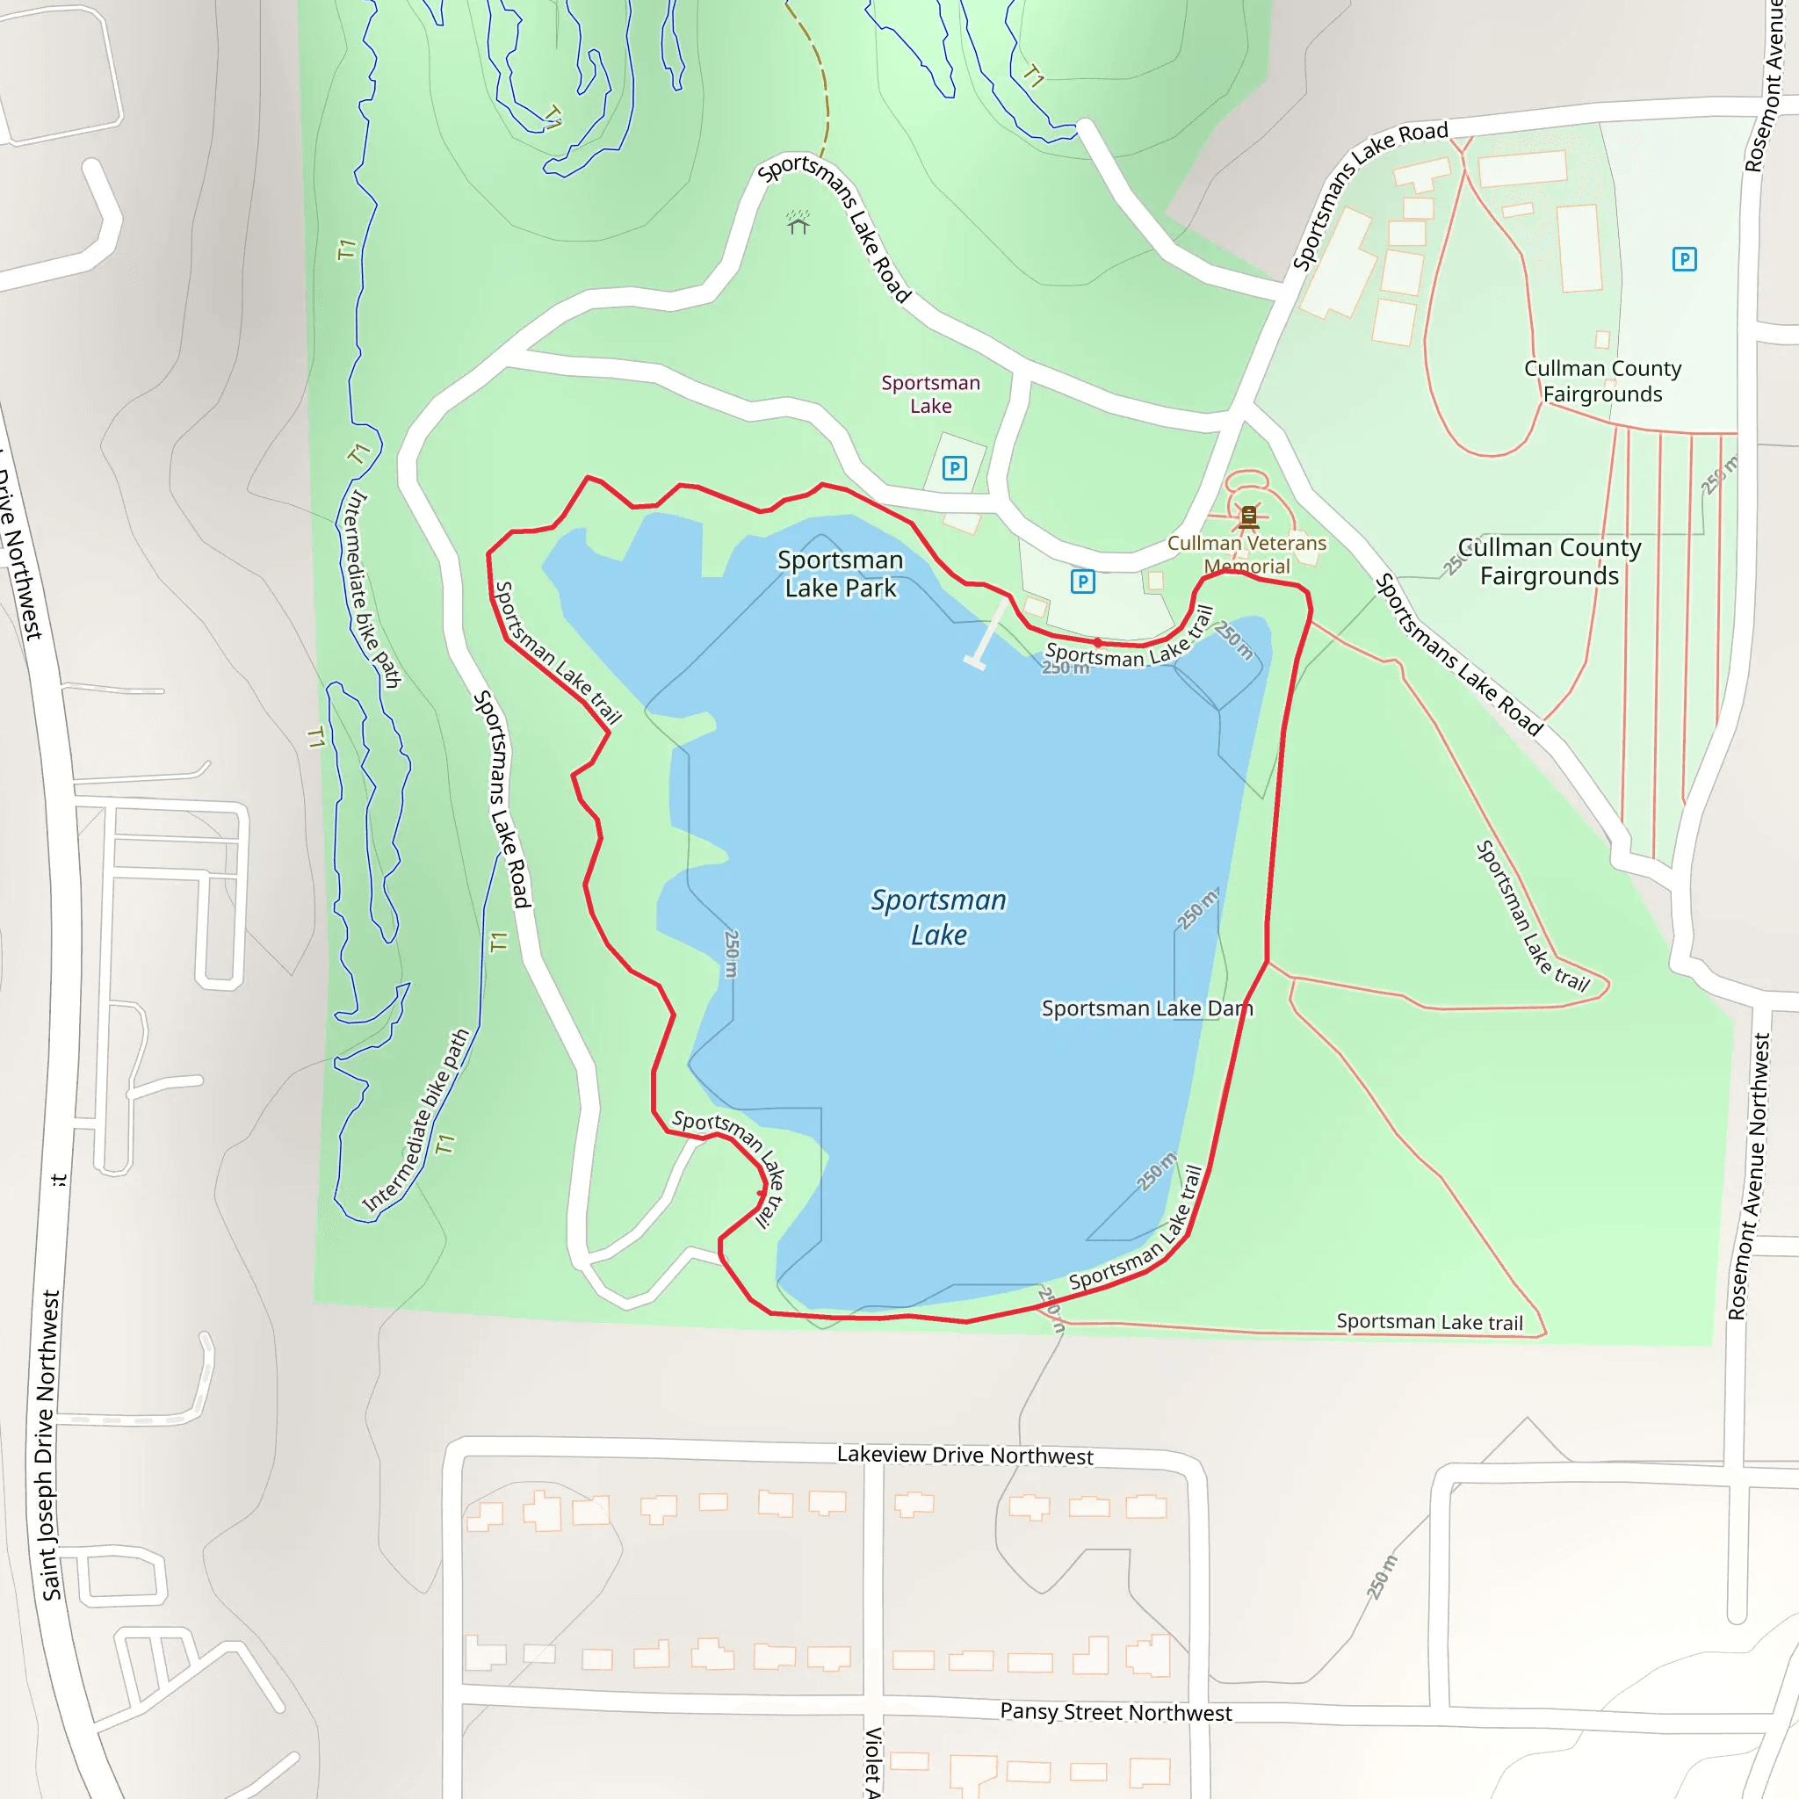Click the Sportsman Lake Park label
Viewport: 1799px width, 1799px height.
point(840,574)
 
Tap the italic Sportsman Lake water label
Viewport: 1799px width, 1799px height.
point(939,917)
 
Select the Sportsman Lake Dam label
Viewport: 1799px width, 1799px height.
point(1146,1008)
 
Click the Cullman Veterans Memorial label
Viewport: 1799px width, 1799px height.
point(1246,554)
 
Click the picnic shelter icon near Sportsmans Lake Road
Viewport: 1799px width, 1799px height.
point(798,222)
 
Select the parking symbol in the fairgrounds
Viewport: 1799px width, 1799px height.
point(1684,259)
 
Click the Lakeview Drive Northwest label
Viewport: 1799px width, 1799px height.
point(965,1456)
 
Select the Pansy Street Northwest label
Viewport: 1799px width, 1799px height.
point(1116,1711)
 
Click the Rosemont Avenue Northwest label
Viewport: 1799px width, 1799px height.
point(1749,1177)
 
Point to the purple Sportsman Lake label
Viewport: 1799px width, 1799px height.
point(930,394)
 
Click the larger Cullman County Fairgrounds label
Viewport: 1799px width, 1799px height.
point(1550,561)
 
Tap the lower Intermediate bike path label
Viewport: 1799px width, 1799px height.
point(416,1121)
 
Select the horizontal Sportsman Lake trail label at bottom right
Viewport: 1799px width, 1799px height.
point(1429,1322)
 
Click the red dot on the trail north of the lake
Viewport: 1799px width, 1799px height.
point(1098,642)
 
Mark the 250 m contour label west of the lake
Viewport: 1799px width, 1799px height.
point(731,953)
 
